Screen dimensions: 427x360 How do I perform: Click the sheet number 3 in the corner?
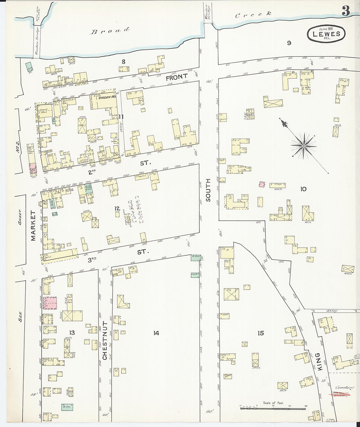[x=346, y=11]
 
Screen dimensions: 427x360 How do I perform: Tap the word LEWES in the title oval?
[x=326, y=34]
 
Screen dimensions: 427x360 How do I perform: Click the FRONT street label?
[x=176, y=78]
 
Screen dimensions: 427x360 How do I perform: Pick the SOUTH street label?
[x=208, y=190]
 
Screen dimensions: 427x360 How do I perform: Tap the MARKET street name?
[x=33, y=225]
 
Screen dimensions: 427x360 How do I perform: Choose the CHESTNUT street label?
[x=105, y=340]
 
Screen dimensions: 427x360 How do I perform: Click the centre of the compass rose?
[x=304, y=145]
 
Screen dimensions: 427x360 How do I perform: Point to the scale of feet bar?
[x=273, y=408]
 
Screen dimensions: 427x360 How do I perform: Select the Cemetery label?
[x=344, y=387]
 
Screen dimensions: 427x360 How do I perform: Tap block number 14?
[x=156, y=333]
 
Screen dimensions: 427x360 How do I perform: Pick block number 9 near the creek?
[x=289, y=43]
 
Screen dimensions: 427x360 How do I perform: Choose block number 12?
[x=117, y=208]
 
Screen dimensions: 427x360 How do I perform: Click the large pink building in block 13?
[x=50, y=303]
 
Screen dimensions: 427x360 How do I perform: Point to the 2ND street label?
[x=92, y=171]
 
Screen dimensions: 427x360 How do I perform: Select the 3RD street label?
[x=92, y=260]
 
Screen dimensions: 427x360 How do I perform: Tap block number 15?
[x=261, y=333]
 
